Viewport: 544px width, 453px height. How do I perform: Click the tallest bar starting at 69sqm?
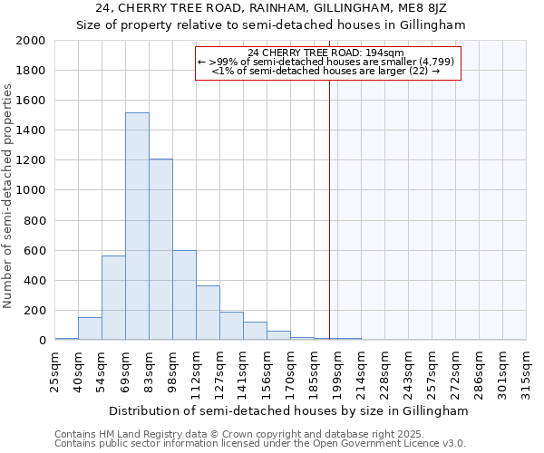click(137, 226)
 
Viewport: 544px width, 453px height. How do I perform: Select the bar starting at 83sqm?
click(160, 250)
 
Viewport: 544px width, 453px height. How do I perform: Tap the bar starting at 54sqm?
click(113, 298)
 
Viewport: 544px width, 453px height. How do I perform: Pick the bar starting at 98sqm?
click(184, 295)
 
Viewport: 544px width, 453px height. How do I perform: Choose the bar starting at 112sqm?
click(208, 313)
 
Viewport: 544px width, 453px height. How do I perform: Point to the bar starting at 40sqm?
click(90, 329)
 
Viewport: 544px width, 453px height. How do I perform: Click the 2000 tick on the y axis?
click(31, 41)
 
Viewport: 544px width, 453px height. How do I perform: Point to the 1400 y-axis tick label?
click(31, 130)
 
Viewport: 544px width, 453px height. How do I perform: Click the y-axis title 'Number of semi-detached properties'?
click(9, 196)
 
